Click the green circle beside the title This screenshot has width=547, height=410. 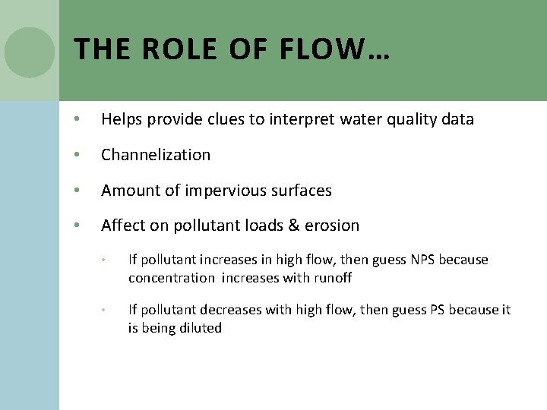point(29,52)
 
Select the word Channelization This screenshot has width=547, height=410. point(156,155)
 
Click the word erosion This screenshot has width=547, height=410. point(332,225)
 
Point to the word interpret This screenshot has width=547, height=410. point(300,119)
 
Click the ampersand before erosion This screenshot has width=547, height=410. point(292,225)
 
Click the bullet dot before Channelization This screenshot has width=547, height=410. point(77,155)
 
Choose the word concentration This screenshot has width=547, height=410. point(172,278)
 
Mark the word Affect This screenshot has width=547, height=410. point(122,225)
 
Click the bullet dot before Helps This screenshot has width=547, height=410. point(77,119)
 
